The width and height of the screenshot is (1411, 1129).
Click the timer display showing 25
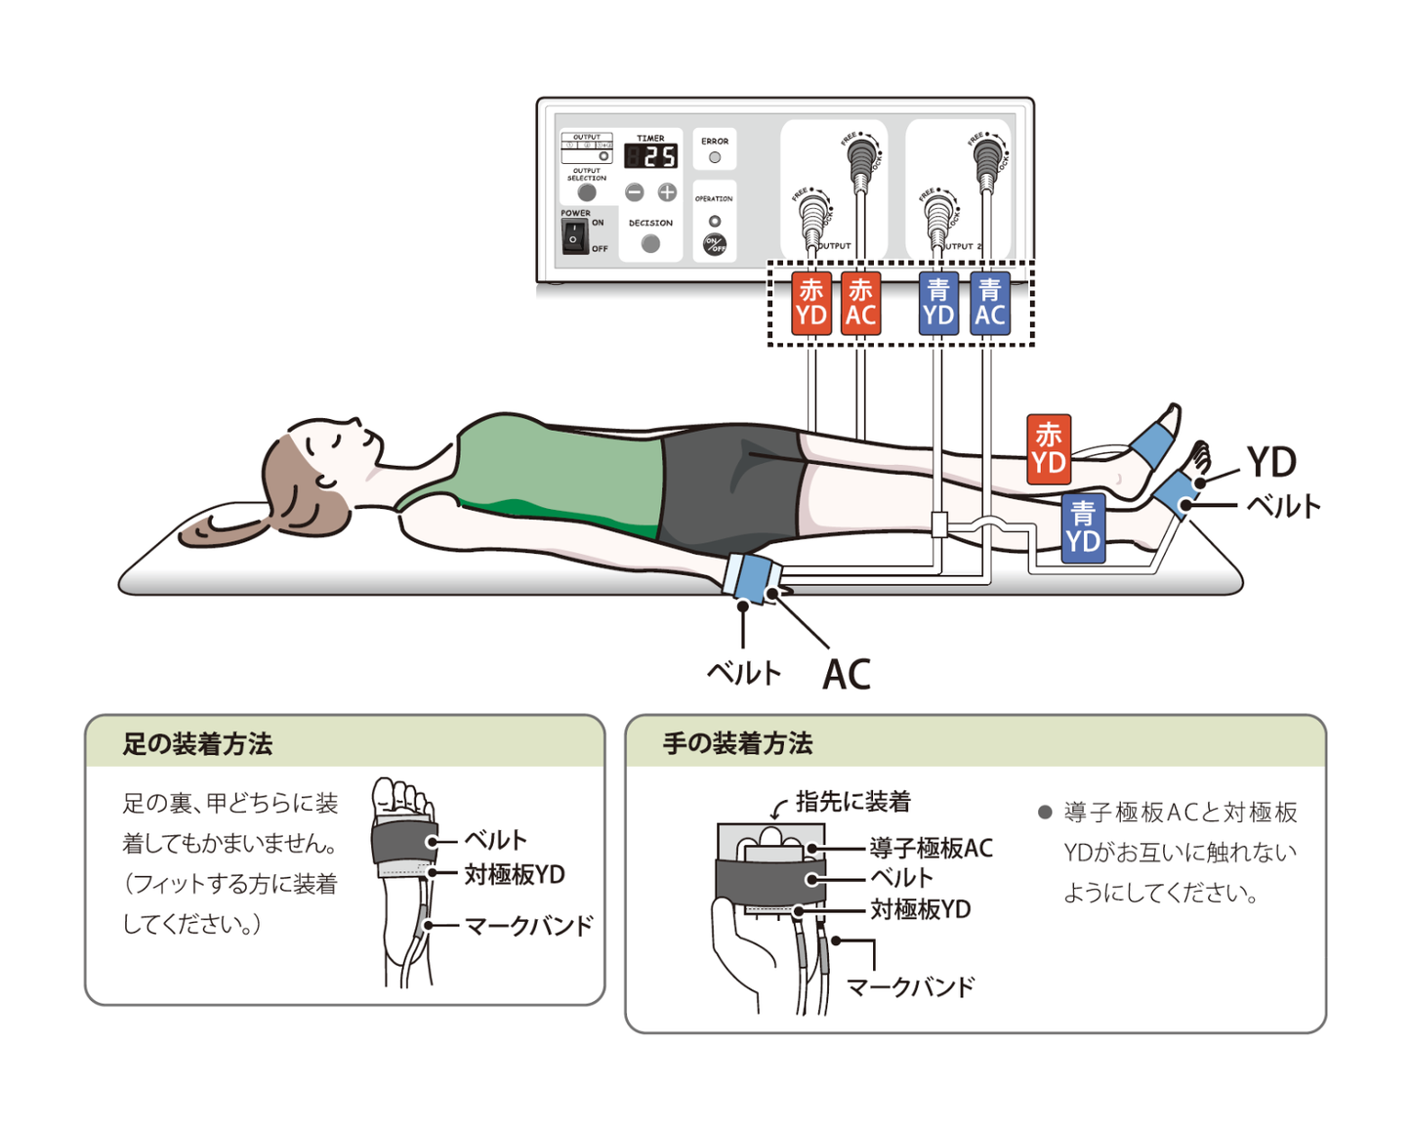650,156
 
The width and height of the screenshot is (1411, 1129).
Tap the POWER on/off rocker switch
574,236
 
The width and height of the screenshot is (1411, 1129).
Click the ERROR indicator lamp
715,157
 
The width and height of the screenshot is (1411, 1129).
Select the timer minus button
635,192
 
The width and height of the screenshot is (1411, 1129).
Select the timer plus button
667,192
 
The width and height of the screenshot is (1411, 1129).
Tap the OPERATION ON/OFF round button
715,244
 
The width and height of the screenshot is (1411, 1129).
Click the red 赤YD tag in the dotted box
811,303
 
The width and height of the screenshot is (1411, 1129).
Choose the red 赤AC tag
860,303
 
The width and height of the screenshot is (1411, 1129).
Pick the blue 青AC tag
989,303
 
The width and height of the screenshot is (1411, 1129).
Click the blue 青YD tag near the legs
1083,527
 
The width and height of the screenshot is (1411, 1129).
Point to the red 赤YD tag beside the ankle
1048,448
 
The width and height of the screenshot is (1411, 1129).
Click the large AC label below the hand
846,674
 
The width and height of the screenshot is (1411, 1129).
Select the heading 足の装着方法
197,744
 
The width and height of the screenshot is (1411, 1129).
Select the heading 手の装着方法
737,744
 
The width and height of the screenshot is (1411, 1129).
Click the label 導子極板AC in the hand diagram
932,848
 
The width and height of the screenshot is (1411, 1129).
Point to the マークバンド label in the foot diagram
528,925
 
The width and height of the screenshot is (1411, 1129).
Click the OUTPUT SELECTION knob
587,192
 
